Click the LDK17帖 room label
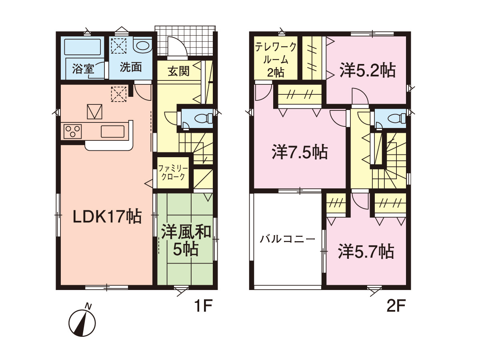click(x=107, y=216)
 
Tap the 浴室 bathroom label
click(x=83, y=69)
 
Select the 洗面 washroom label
click(x=131, y=67)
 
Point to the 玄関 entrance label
click(x=178, y=71)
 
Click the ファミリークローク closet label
click(x=173, y=173)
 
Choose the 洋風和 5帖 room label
click(x=186, y=241)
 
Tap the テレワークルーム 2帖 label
click(x=276, y=60)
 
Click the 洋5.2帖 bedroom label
click(x=367, y=71)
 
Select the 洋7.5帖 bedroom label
click(x=300, y=152)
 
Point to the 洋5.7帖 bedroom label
click(x=366, y=252)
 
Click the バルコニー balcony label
click(x=287, y=239)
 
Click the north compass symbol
click(x=82, y=322)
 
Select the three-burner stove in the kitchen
click(x=73, y=131)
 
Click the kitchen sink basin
click(x=113, y=131)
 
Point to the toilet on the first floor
click(x=203, y=119)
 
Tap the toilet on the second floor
click(x=397, y=119)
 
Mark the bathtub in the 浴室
click(x=83, y=47)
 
